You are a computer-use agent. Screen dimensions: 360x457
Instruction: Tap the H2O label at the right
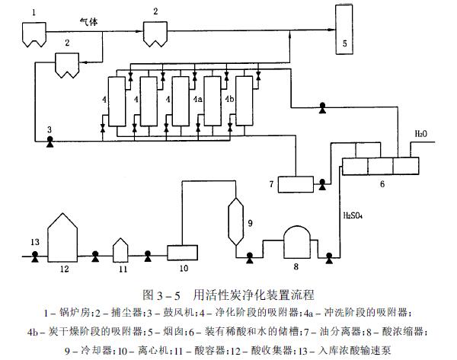421,134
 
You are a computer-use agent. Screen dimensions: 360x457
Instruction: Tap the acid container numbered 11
122,248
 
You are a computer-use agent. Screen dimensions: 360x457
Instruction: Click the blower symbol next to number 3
50,140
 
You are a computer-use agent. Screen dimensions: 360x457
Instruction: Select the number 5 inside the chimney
344,43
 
